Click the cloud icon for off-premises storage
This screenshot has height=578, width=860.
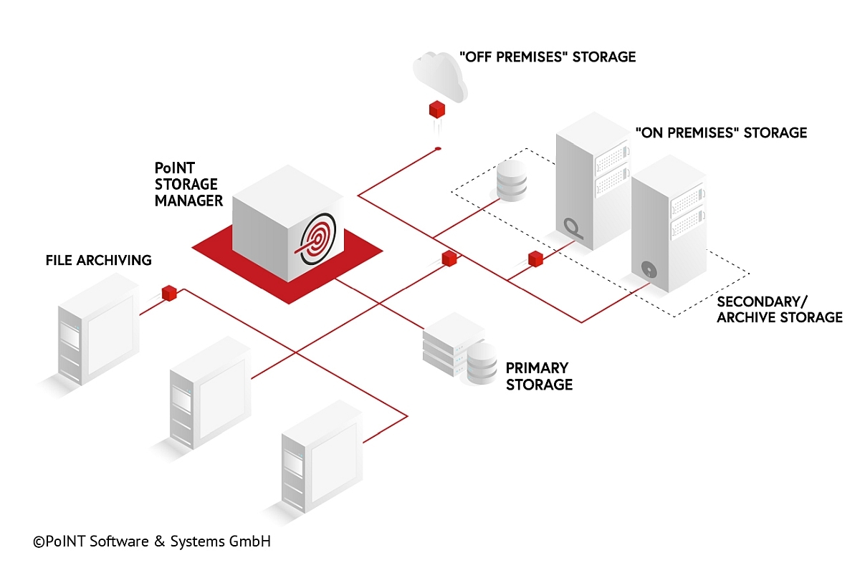440,74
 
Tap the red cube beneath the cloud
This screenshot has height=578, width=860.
437,110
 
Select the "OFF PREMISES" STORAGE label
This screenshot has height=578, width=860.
547,57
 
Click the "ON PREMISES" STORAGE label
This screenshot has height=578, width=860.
721,133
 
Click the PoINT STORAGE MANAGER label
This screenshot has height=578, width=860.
189,184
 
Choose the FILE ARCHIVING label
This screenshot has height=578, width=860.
99,260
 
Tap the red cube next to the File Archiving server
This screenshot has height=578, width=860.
169,292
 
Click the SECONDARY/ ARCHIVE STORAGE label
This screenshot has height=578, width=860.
780,309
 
